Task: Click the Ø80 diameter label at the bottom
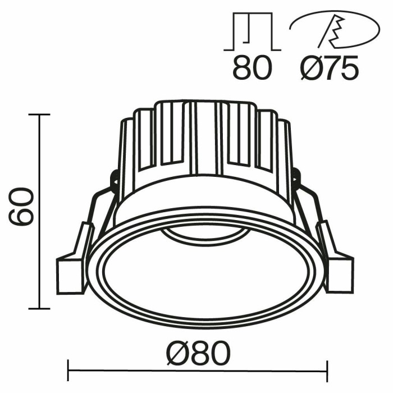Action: pyautogui.click(x=198, y=354)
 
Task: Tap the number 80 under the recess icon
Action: pyautogui.click(x=252, y=67)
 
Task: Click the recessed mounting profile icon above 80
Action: pyautogui.click(x=252, y=31)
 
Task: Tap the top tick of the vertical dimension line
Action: pyautogui.click(x=38, y=115)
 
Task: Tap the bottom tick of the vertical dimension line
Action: pyautogui.click(x=38, y=308)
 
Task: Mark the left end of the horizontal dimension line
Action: pyautogui.click(x=68, y=371)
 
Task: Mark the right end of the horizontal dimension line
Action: pyautogui.click(x=327, y=371)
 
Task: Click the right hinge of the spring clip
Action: pyautogui.click(x=296, y=180)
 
